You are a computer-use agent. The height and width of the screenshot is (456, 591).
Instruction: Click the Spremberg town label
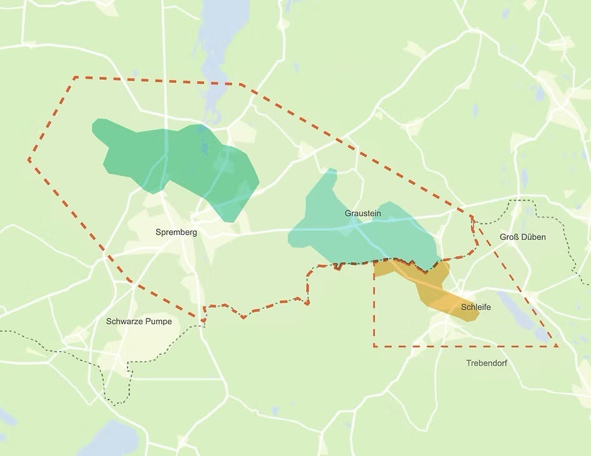click(x=176, y=232)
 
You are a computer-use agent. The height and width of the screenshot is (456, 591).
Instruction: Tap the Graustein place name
click(x=362, y=213)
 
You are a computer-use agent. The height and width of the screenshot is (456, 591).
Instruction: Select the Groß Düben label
click(x=523, y=237)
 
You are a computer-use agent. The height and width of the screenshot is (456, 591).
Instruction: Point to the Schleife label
click(x=475, y=307)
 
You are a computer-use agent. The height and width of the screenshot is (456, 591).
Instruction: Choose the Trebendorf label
click(x=487, y=363)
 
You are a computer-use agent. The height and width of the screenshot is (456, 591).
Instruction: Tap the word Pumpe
click(x=159, y=322)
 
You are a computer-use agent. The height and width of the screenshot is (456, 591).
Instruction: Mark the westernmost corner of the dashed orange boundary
click(x=29, y=160)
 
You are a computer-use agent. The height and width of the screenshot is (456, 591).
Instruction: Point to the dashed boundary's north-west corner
click(x=75, y=77)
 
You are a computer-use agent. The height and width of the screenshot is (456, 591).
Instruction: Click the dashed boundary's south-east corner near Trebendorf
click(x=556, y=345)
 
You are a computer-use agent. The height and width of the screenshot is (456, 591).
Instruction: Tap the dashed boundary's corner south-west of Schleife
click(x=374, y=345)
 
